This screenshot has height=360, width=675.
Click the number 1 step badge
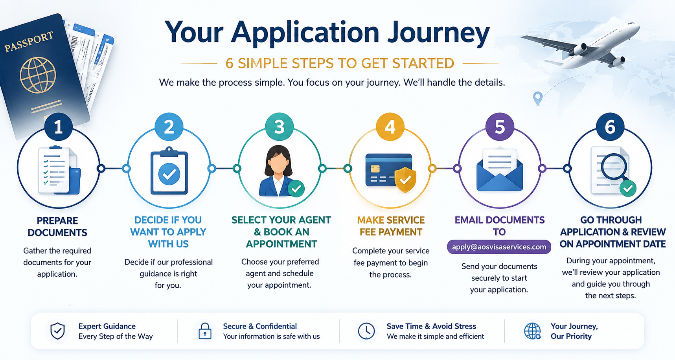58,127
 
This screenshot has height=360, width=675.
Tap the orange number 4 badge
390,127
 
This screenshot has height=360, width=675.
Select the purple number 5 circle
500,127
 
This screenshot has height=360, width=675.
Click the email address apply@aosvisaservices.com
499,247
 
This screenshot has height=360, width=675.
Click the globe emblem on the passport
38,75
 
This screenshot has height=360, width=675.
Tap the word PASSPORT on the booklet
29,42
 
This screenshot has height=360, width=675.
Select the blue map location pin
537,98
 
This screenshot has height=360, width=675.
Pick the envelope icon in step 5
500,170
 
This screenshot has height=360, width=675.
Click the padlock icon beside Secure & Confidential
205,331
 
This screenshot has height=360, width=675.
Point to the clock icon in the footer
366,331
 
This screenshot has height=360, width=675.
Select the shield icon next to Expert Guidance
58,331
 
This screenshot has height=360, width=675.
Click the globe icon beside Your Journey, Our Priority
533,331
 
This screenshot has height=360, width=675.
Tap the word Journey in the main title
438,32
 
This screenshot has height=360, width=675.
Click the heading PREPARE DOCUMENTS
57,227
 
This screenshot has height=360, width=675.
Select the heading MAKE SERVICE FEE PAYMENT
391,226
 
